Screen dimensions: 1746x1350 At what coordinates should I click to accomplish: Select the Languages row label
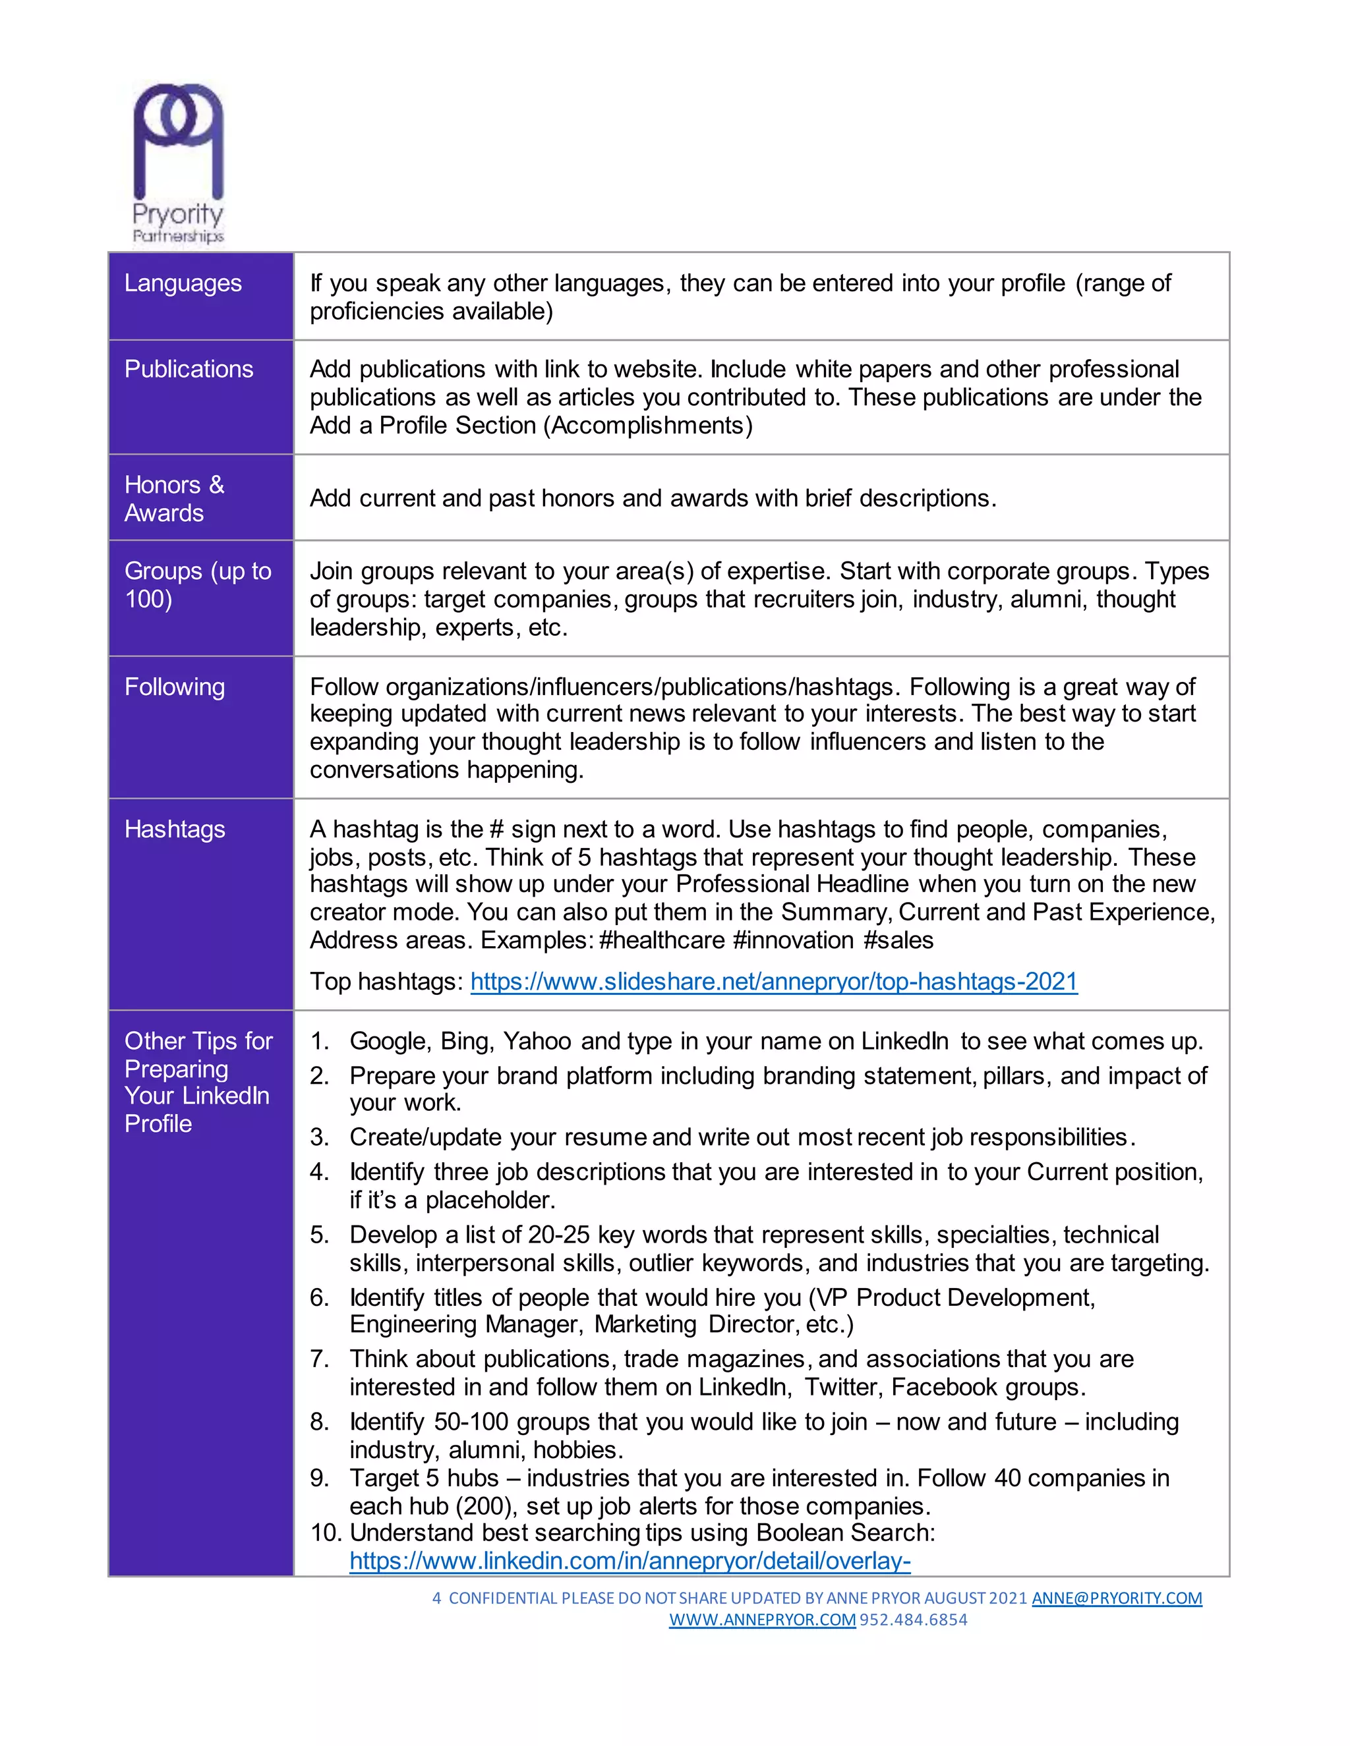183,283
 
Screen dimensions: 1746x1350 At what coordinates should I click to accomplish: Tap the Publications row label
189,370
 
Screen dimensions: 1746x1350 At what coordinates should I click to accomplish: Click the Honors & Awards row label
173,498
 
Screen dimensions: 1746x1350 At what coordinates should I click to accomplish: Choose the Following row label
174,687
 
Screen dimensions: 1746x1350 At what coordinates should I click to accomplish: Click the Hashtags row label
174,829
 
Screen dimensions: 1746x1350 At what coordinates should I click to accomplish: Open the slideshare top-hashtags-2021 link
773,981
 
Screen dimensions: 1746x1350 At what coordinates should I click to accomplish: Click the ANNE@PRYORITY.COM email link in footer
1116,1598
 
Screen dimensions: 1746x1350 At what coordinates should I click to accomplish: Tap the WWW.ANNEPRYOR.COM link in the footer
761,1619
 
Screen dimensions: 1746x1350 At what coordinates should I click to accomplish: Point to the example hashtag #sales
898,940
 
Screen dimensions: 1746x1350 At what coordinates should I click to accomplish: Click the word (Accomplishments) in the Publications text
648,426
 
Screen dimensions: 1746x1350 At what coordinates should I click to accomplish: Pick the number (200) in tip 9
485,1506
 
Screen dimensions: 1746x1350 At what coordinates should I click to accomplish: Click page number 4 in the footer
436,1598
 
